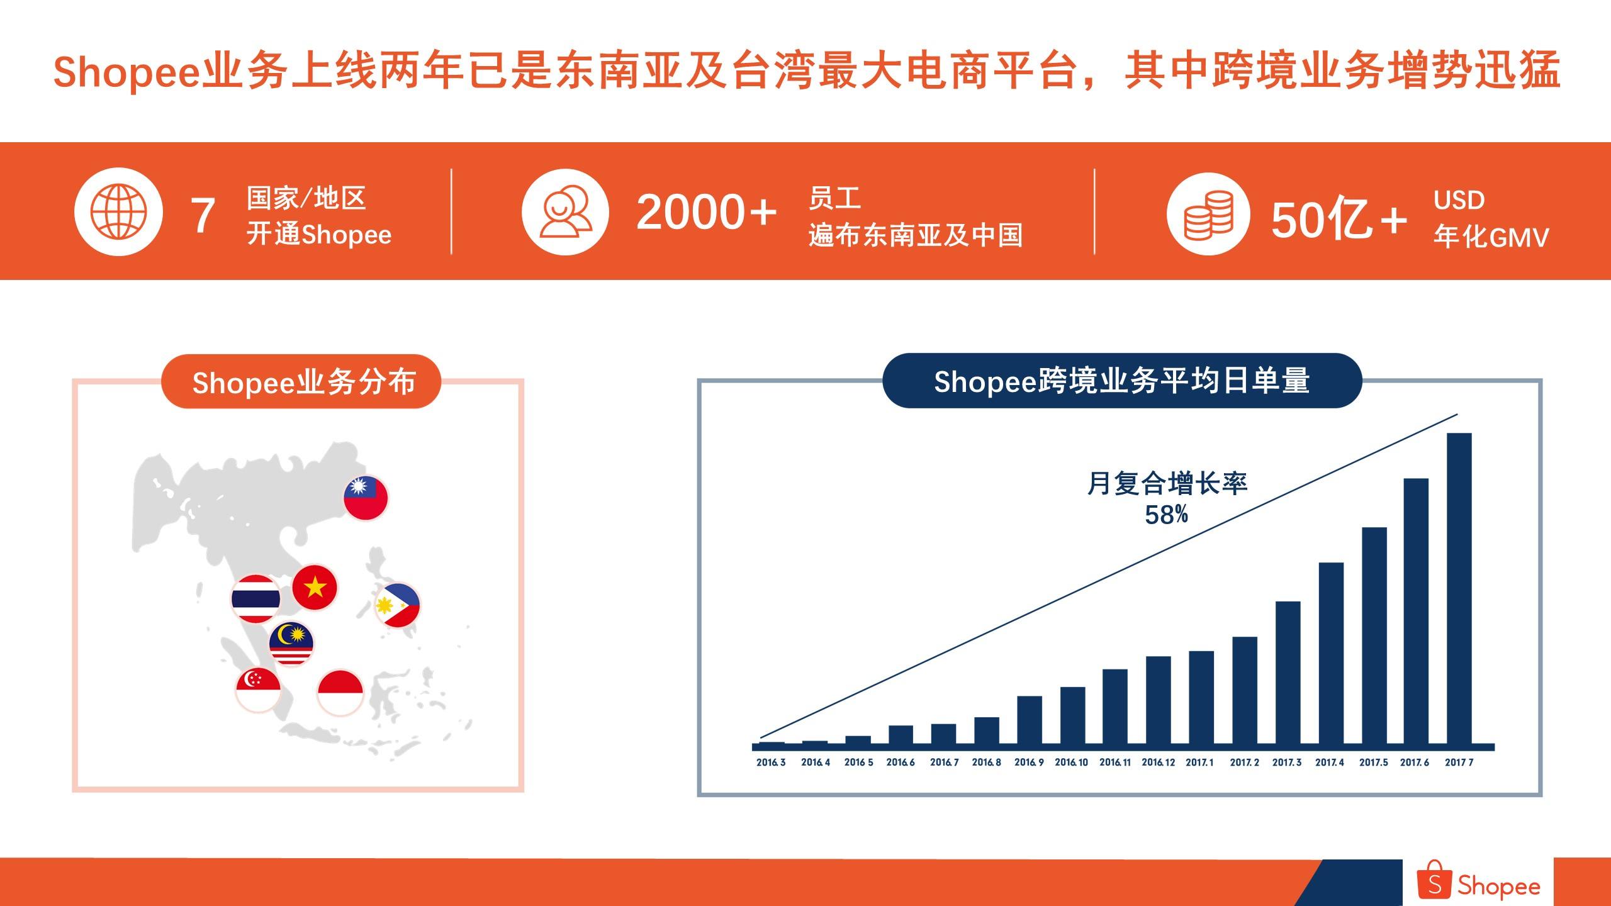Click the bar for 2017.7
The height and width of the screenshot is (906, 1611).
coord(1459,588)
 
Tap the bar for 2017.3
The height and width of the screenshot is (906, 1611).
coord(1288,673)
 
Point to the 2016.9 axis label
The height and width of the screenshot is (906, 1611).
coord(1029,763)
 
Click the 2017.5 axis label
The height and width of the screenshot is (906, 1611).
coord(1373,763)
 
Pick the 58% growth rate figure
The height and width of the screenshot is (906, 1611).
coord(1166,515)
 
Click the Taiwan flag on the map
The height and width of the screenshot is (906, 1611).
coord(366,497)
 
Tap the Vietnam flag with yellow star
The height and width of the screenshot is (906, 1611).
coord(315,588)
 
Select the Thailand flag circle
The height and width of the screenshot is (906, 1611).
coord(255,598)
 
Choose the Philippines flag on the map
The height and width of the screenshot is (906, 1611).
coord(397,605)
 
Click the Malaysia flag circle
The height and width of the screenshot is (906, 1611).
coord(291,644)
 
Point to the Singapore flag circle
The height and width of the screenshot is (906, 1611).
coord(258,690)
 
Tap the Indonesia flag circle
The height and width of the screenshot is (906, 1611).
coord(340,692)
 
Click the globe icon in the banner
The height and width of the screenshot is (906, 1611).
coord(118,211)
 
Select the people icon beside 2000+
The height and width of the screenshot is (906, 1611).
coord(565,211)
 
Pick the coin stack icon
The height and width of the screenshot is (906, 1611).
coord(1208,214)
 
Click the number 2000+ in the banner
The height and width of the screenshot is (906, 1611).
coord(706,212)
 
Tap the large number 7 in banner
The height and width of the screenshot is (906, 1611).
coord(203,215)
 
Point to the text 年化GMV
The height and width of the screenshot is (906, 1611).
coord(1491,237)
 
